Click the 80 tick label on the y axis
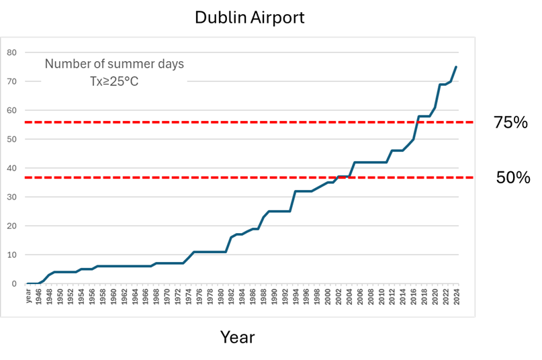tap(11, 52)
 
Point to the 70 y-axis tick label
tap(11, 81)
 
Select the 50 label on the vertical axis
tap(11, 139)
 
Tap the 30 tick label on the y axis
tap(11, 197)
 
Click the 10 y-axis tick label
tap(11, 255)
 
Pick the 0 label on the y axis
tap(14, 283)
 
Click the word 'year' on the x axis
tap(28, 296)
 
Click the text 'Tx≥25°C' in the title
tap(114, 81)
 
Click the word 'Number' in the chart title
tap(67, 64)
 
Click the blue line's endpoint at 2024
tap(456, 66)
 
